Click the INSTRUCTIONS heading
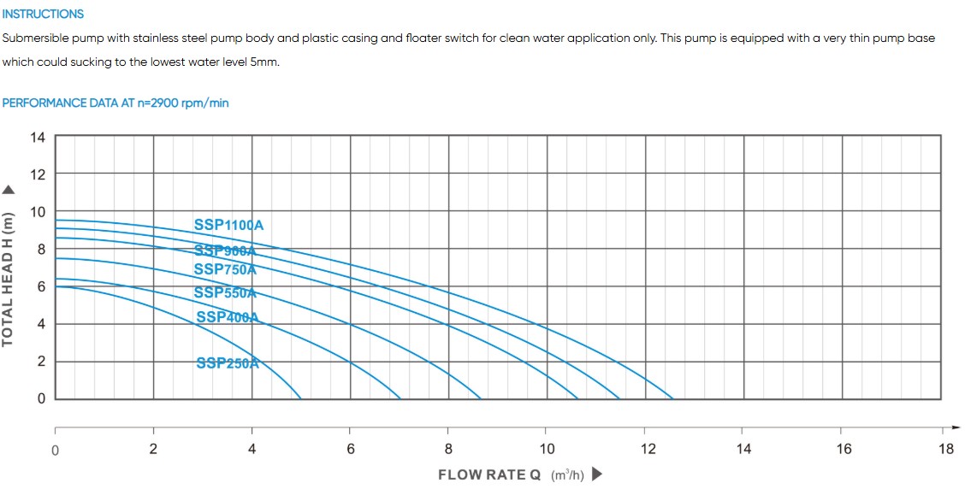[43, 14]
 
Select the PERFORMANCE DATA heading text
[115, 103]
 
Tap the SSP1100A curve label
[228, 225]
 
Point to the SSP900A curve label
[225, 250]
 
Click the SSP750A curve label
[225, 269]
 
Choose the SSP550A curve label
[225, 292]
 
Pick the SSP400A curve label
[227, 317]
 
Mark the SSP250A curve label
[227, 362]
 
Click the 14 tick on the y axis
[38, 137]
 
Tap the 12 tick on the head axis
[38, 174]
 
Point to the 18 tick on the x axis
[945, 449]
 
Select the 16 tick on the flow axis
[844, 449]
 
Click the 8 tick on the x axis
[448, 449]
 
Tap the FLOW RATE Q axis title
[489, 474]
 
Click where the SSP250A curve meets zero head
[300, 398]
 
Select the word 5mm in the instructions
[264, 62]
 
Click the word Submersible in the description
[33, 38]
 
